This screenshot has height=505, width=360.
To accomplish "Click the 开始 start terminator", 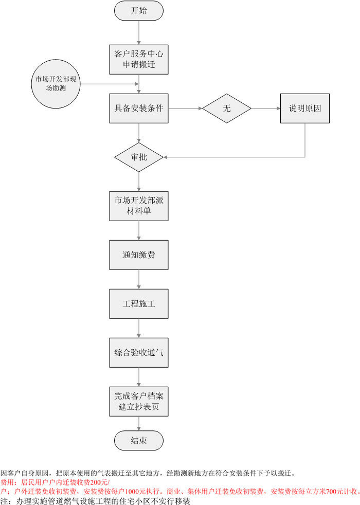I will click(139, 11).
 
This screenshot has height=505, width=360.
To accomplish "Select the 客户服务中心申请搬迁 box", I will click(139, 59).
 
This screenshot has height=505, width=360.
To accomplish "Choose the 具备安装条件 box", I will click(139, 109).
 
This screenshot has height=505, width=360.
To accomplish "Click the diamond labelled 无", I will click(227, 109).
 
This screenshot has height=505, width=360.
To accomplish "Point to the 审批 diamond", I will click(139, 157).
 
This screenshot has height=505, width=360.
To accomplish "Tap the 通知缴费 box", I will click(139, 255).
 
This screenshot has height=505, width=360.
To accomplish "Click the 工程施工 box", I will click(139, 303).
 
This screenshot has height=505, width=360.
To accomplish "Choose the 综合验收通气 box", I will click(139, 352).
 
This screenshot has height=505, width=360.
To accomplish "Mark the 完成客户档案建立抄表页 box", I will click(139, 401).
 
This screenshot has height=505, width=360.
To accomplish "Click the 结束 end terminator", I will click(139, 441).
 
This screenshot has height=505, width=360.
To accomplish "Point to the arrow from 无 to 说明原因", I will click(265, 109).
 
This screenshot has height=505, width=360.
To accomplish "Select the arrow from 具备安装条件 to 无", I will click(186, 109).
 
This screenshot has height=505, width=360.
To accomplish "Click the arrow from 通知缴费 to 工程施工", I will click(139, 279).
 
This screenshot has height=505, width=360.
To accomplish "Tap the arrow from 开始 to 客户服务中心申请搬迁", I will click(139, 32).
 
